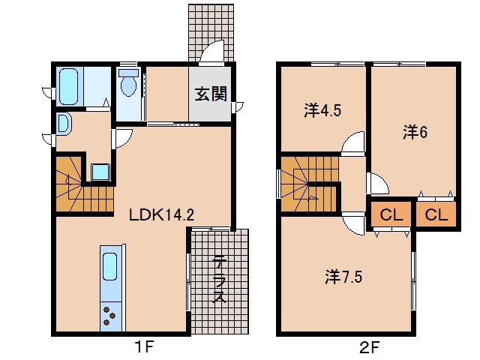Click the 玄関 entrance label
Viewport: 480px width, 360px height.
click(211, 93)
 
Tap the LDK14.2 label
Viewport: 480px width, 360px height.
click(162, 215)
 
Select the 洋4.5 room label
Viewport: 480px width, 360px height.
click(322, 110)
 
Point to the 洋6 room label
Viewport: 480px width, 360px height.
click(415, 132)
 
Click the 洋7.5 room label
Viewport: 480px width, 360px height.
click(343, 277)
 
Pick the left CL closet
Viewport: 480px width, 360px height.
click(391, 214)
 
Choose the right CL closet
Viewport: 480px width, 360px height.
click(436, 214)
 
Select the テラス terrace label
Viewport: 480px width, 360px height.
click(220, 279)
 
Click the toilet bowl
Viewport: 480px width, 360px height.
click(128, 82)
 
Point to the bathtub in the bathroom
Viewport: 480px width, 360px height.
click(69, 87)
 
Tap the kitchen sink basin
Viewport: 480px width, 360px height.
click(110, 266)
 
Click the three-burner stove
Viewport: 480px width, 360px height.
click(109, 316)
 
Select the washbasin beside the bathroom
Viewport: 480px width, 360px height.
click(64, 123)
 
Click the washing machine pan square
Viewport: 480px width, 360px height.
click(100, 172)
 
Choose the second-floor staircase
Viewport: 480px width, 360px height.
click(310, 184)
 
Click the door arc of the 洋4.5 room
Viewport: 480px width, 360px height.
click(352, 142)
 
